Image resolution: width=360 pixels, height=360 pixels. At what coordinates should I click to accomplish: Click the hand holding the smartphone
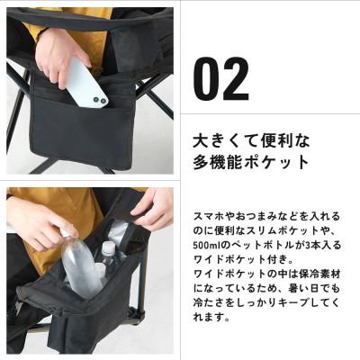pyautogui.click(x=59, y=54)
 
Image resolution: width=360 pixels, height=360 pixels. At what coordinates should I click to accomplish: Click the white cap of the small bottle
pyautogui.click(x=108, y=245)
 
